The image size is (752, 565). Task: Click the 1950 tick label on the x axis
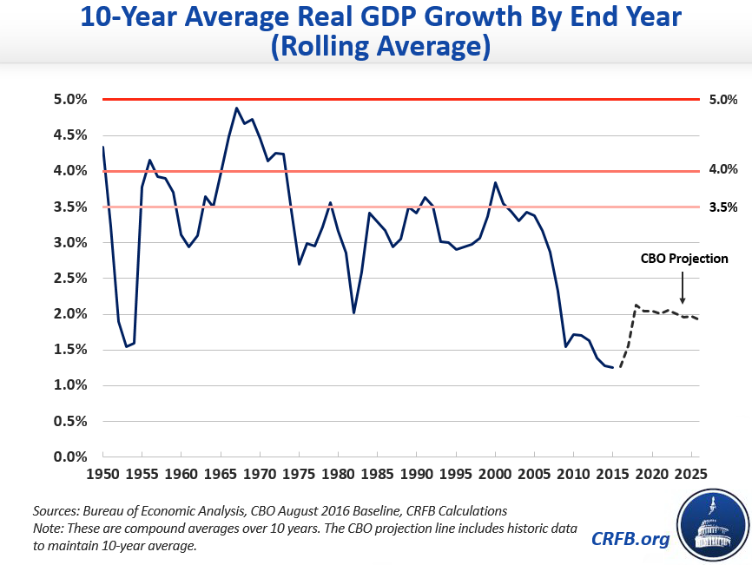pyautogui.click(x=102, y=475)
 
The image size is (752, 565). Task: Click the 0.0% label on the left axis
pyautogui.click(x=46, y=457)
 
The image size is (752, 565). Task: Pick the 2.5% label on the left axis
pyautogui.click(x=46, y=278)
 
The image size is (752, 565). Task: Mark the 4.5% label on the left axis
pyautogui.click(x=46, y=135)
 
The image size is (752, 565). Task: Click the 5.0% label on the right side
pyautogui.click(x=722, y=100)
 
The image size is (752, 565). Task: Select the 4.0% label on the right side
pyautogui.click(x=722, y=171)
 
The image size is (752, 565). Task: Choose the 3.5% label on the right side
pyautogui.click(x=722, y=207)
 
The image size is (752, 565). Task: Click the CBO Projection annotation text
pyautogui.click(x=684, y=258)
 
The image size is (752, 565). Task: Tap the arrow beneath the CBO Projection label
pyautogui.click(x=683, y=287)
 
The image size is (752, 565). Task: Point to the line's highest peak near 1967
pyautogui.click(x=236, y=108)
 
